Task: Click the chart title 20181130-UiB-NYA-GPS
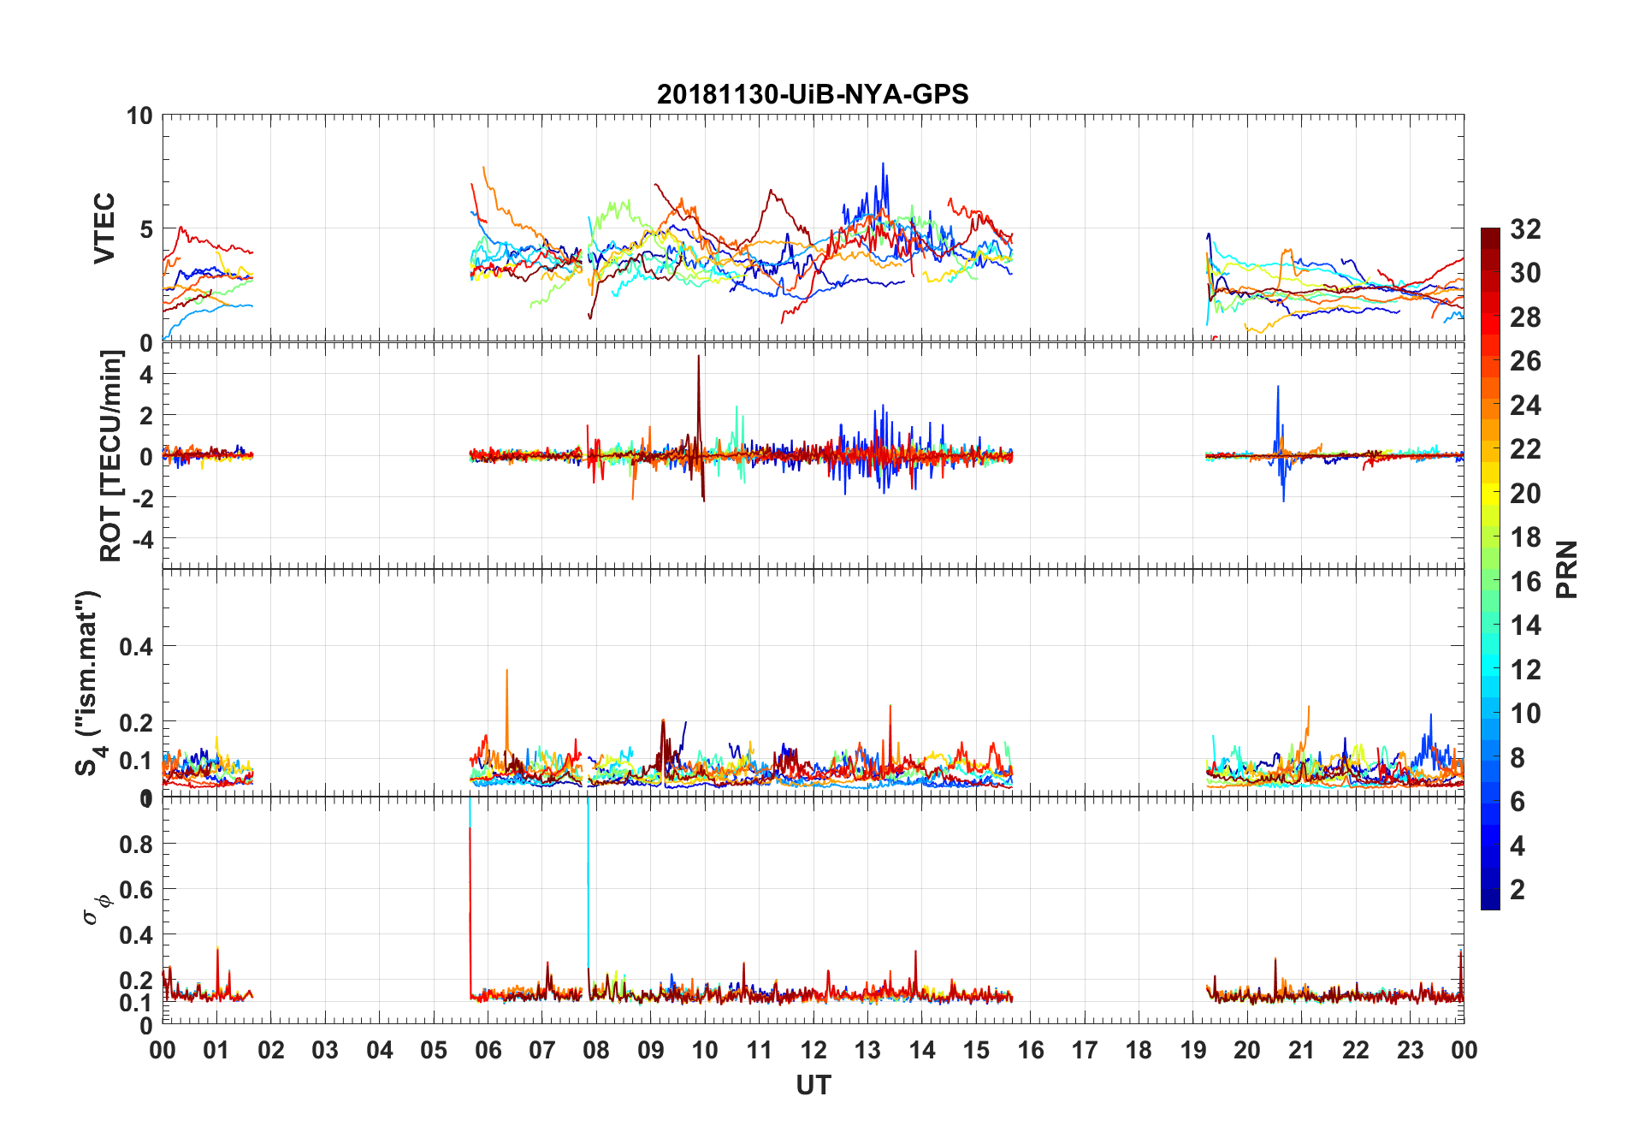click(813, 94)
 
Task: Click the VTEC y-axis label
click(104, 228)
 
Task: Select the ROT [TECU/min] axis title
click(111, 456)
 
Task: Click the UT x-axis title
click(813, 1086)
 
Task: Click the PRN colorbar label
click(1566, 569)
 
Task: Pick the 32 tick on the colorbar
click(1525, 229)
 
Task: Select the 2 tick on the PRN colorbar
click(1518, 890)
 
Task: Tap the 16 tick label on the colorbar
click(1525, 582)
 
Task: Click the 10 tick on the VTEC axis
click(139, 116)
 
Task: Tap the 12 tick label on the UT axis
click(813, 1051)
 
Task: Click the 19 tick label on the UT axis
click(1193, 1051)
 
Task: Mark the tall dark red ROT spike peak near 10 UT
click(699, 356)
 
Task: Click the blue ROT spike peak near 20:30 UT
click(1278, 387)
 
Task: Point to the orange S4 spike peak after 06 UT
click(507, 670)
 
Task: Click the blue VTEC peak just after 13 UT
click(883, 163)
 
